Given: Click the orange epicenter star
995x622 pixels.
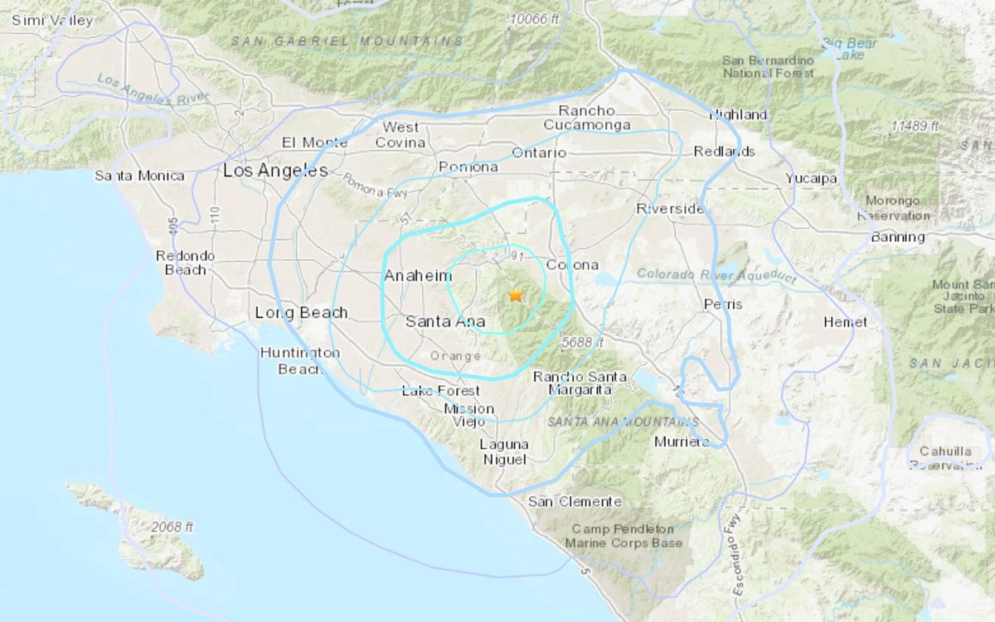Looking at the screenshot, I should [516, 295].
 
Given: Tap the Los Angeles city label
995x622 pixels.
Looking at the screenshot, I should [275, 171].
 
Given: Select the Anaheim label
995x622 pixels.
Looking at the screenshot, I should [417, 276].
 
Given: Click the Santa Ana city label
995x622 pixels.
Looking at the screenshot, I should [445, 322].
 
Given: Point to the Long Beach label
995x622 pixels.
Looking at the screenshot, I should [301, 312].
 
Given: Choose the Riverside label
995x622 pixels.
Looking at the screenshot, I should [670, 209].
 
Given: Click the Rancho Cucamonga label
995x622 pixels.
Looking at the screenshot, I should [587, 118].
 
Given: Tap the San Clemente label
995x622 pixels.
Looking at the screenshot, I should [575, 501].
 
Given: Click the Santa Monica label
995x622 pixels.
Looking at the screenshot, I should [139, 176].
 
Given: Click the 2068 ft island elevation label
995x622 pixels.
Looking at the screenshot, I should [172, 527].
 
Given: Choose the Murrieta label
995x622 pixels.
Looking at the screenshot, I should [682, 441].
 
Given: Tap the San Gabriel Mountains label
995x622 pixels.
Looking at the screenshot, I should [347, 41].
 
